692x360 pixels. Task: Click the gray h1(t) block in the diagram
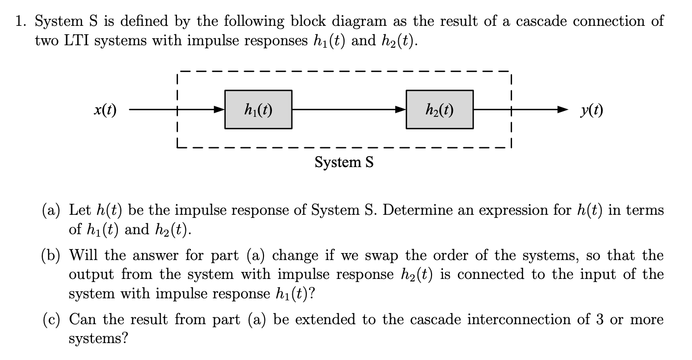pos(258,109)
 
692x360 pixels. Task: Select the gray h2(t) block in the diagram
pos(440,109)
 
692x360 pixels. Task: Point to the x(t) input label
pos(105,110)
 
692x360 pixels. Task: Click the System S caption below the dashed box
pos(344,162)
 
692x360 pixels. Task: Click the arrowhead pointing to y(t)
pos(562,109)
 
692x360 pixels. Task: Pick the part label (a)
pos(52,210)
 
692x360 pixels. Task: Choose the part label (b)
pos(52,256)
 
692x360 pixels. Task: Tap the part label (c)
pos(52,320)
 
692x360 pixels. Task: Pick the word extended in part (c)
pos(326,320)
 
